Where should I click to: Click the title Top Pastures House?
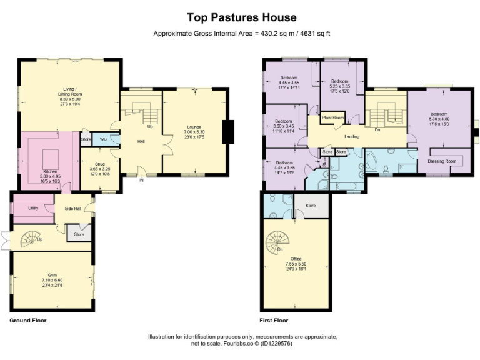[x=241, y=17]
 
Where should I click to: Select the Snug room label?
[x=100, y=163]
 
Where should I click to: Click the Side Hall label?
[x=73, y=208]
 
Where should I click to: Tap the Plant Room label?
[x=333, y=117]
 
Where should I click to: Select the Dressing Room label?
[x=441, y=161]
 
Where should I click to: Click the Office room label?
[x=296, y=259]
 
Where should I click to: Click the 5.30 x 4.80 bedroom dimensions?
[x=439, y=119]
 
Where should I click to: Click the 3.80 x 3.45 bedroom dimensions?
[x=284, y=126]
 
